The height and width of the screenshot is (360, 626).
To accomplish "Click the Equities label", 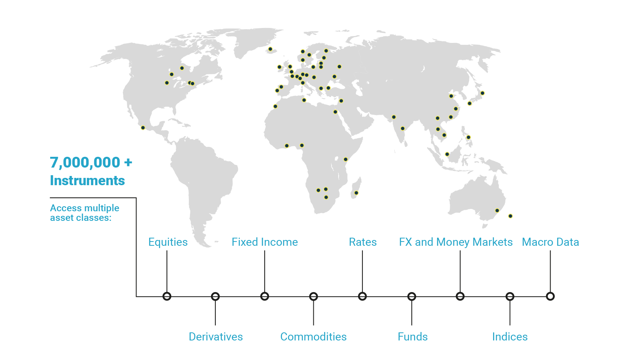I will (168, 242).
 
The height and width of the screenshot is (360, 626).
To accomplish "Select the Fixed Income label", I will (264, 242).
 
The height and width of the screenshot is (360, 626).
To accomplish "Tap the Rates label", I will (362, 242).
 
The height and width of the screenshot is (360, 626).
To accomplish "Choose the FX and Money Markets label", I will (456, 242).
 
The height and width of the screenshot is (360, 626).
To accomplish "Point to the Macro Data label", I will (550, 242).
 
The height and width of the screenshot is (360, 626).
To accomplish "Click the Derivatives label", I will (215, 337).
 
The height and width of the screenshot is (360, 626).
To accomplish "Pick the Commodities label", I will (313, 337).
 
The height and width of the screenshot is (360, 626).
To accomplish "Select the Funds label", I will (413, 337).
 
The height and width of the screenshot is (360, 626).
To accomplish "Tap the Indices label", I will (510, 337).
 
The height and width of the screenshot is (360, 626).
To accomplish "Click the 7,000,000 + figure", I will (91, 162).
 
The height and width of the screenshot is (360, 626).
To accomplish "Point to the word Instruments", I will (87, 181).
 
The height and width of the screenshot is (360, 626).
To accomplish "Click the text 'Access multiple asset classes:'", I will (84, 213).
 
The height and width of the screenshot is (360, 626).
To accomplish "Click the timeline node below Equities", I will (167, 296).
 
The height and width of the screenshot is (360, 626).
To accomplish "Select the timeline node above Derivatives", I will (215, 296).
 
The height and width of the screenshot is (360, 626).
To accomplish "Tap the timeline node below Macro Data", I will (550, 296).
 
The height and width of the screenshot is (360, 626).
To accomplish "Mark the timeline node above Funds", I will (411, 296).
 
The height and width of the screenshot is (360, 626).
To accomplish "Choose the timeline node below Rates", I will (362, 296).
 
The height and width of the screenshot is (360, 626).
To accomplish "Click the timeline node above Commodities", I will (313, 296).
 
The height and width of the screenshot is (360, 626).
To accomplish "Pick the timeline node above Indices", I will (510, 296).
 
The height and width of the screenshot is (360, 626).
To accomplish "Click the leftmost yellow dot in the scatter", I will (143, 128).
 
